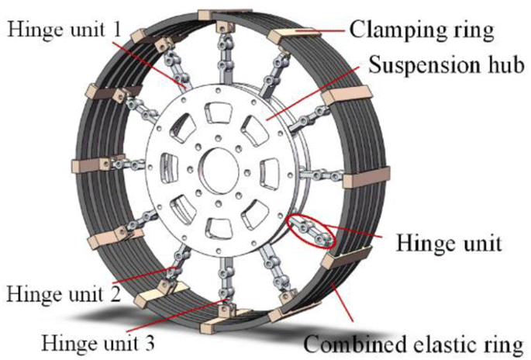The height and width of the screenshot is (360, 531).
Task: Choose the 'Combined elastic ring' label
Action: [411, 341]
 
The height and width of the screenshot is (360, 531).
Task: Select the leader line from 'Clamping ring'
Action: [310, 32]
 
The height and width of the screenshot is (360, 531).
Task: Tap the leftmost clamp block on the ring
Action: [82, 167]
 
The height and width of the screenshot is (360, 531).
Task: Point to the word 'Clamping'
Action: [395, 31]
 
